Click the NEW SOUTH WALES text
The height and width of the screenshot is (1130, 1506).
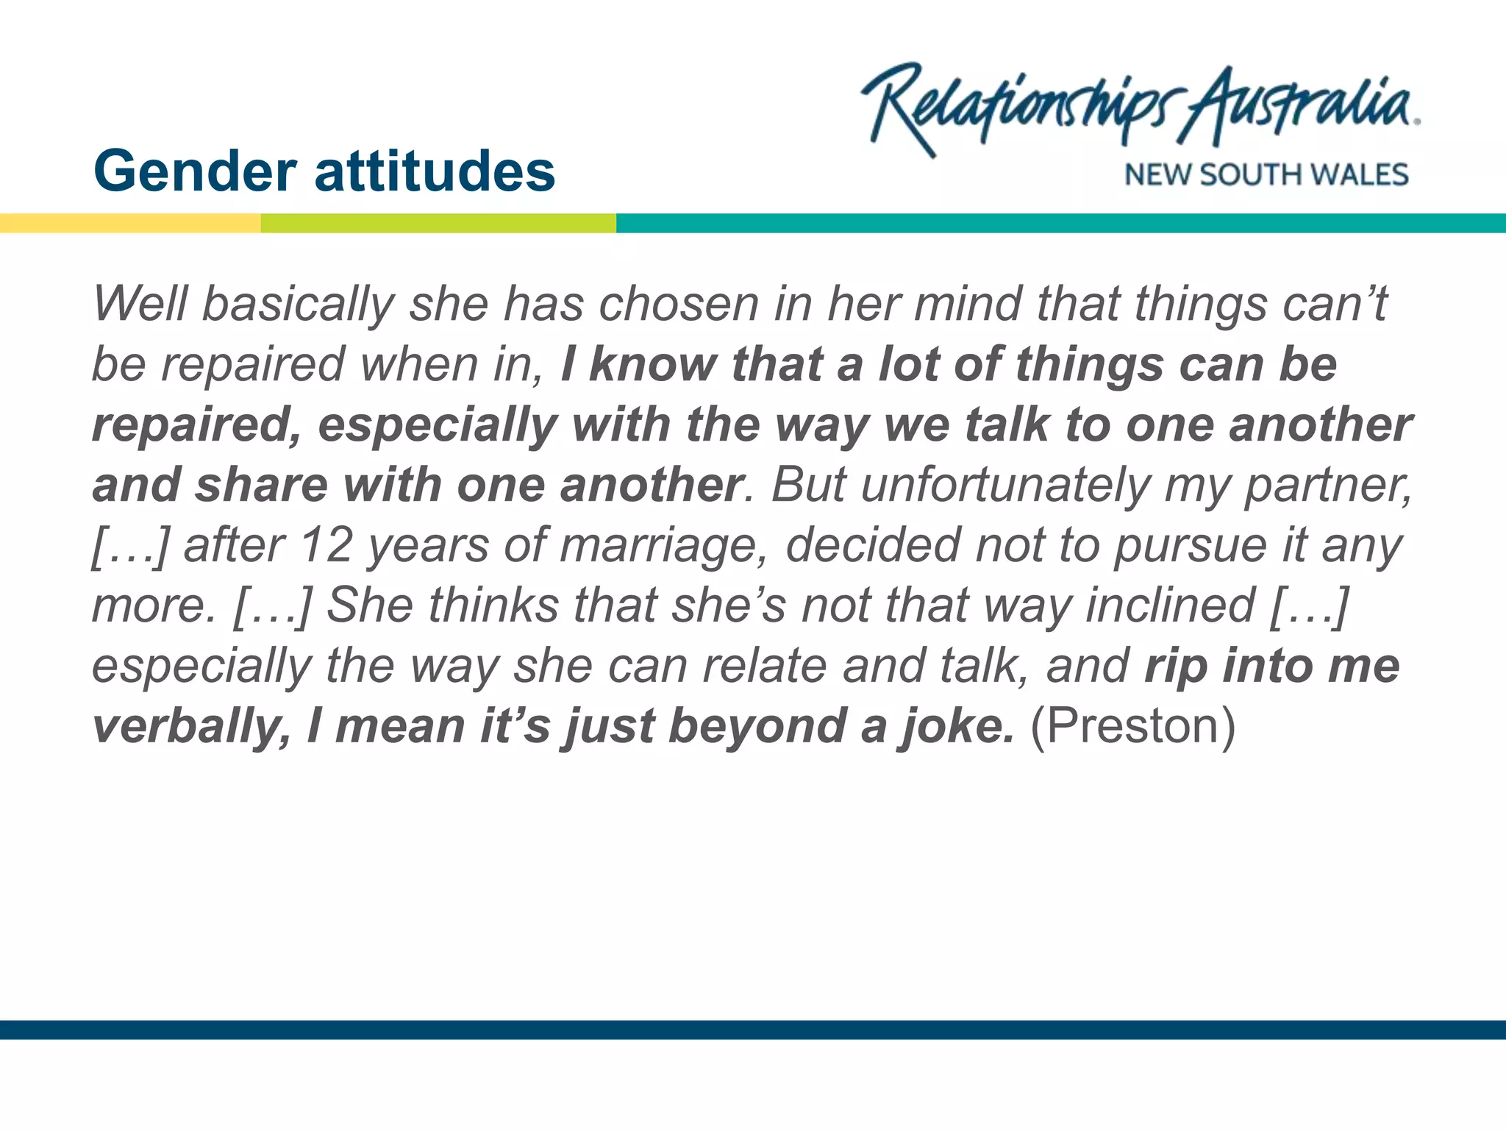click(1266, 175)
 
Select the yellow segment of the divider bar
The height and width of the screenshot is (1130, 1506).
click(130, 224)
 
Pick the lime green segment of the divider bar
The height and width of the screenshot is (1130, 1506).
click(438, 224)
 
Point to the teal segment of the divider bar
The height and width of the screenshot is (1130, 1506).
click(1059, 224)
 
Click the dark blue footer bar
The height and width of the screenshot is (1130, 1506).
click(753, 1029)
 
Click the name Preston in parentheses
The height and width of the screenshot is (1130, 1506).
click(1132, 726)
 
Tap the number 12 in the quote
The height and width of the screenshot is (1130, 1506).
click(326, 545)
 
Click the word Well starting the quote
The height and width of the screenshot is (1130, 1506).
click(140, 304)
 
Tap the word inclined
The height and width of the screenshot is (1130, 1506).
click(1170, 605)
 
